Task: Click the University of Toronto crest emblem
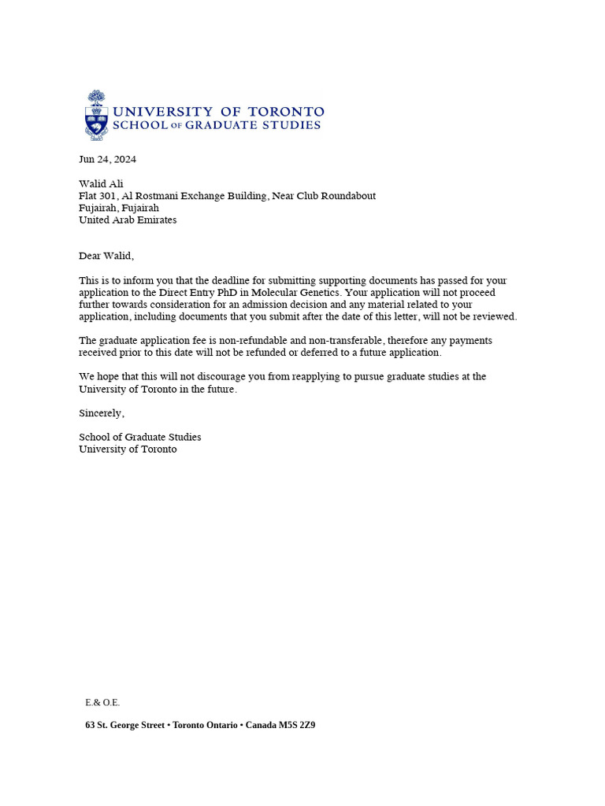(x=96, y=115)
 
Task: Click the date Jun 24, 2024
(x=107, y=159)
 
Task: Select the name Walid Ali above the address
(x=101, y=184)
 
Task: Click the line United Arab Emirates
(x=128, y=220)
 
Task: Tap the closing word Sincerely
(x=102, y=413)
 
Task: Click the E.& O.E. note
(x=102, y=702)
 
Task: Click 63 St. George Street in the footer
(x=124, y=725)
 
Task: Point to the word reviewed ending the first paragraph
(x=494, y=316)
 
